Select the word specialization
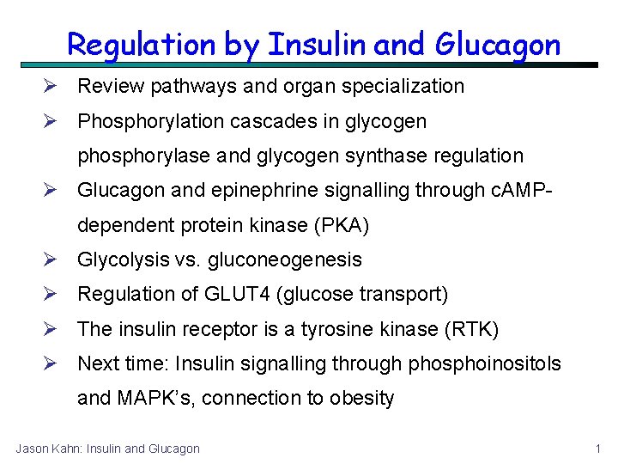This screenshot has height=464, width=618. (x=409, y=87)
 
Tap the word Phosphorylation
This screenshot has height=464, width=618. (x=150, y=122)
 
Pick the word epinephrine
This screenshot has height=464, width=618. (x=256, y=191)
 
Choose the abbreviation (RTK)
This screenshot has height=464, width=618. (x=469, y=329)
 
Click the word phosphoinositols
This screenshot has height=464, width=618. (x=484, y=363)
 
